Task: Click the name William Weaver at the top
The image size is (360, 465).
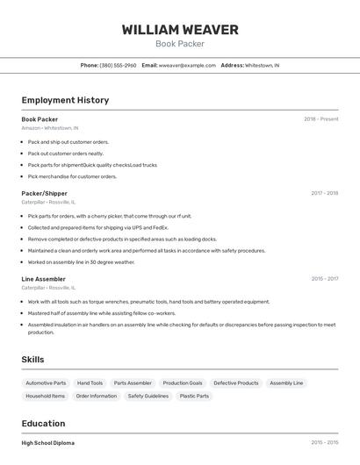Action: click(180, 30)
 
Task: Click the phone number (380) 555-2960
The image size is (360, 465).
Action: click(118, 65)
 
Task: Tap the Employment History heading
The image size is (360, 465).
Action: click(65, 100)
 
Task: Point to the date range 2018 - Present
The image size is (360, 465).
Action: click(320, 119)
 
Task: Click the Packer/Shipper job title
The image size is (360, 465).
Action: click(44, 193)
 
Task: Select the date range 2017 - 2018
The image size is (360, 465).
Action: click(324, 193)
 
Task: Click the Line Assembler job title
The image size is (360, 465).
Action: click(43, 279)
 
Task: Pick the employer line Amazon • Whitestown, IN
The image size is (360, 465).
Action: click(50, 128)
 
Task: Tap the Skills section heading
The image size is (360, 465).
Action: click(32, 359)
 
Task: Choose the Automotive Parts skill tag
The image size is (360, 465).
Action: click(46, 383)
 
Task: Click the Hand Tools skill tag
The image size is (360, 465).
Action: click(90, 383)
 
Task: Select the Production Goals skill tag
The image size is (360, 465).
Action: click(183, 383)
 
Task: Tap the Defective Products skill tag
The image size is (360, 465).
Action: click(236, 383)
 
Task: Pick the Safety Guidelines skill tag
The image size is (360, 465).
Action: click(148, 396)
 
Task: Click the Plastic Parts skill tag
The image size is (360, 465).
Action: click(194, 396)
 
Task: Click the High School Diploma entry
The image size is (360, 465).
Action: click(48, 443)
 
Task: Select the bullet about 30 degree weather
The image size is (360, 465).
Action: click(81, 261)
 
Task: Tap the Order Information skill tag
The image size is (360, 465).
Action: click(97, 396)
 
